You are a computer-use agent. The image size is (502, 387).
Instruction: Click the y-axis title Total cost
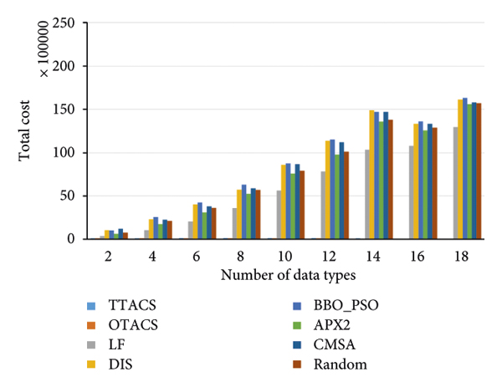pyautogui.click(x=27, y=131)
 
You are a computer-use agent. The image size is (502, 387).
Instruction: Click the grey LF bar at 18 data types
pyautogui.click(x=456, y=183)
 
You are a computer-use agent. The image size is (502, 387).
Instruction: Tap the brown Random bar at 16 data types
pyautogui.click(x=435, y=183)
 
